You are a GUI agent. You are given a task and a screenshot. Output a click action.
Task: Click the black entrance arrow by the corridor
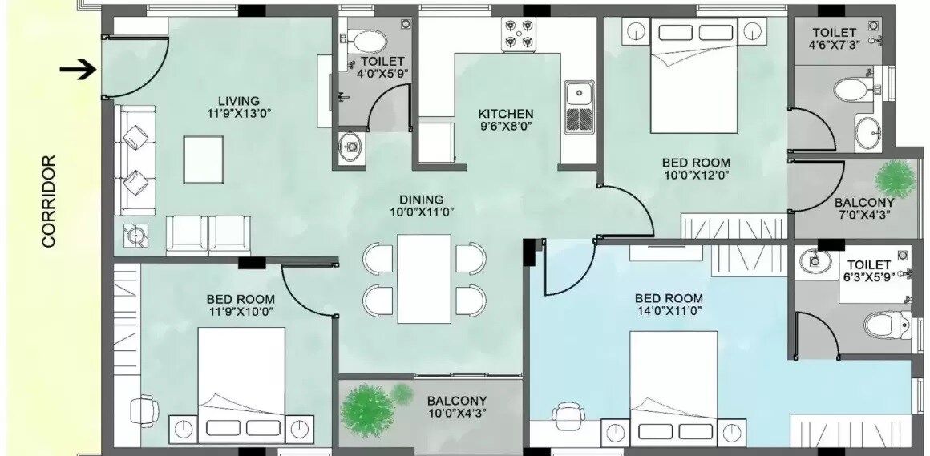[x=78, y=71]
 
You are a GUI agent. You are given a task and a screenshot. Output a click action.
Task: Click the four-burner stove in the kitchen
[x=518, y=34]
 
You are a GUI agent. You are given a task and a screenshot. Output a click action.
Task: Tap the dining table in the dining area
[x=424, y=277]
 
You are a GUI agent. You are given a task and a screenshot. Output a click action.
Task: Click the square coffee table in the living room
[x=203, y=159]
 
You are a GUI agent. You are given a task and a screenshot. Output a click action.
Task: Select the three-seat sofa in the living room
[x=134, y=160]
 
